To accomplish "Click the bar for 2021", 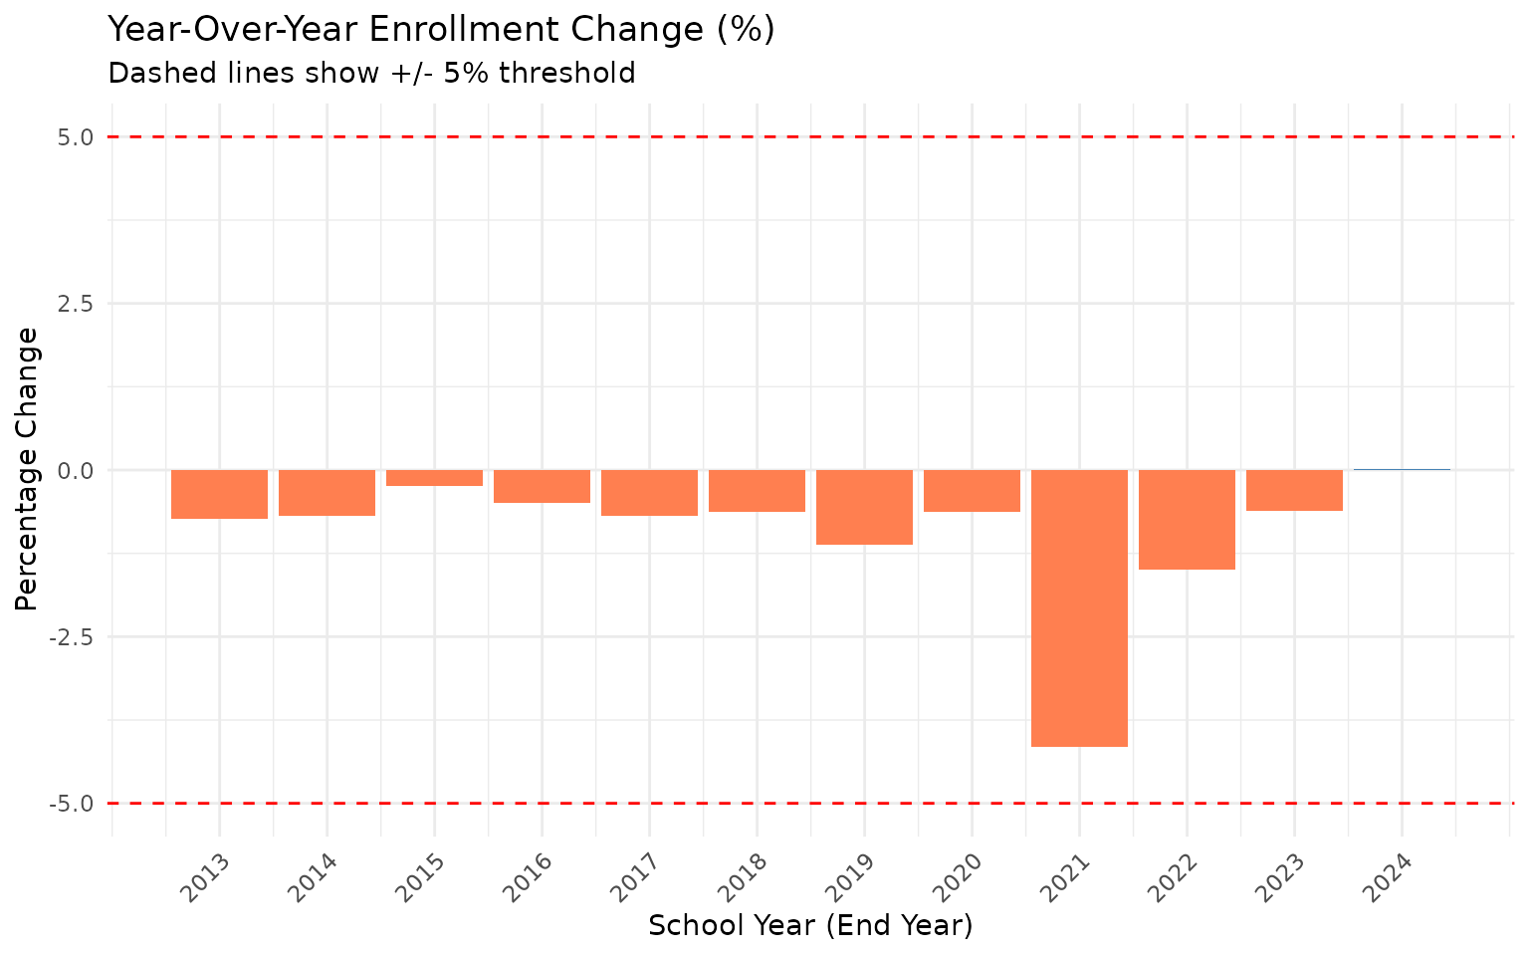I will point(1079,607).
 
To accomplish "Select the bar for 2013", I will point(219,494).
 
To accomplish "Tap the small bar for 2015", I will point(434,478).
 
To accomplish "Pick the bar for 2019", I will point(864,507).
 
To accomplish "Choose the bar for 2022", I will point(1187,519).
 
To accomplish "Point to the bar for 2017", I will point(649,492).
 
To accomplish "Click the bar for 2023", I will point(1294,490).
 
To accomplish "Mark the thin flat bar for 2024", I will point(1402,469).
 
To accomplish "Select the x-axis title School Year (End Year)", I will point(810,926).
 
